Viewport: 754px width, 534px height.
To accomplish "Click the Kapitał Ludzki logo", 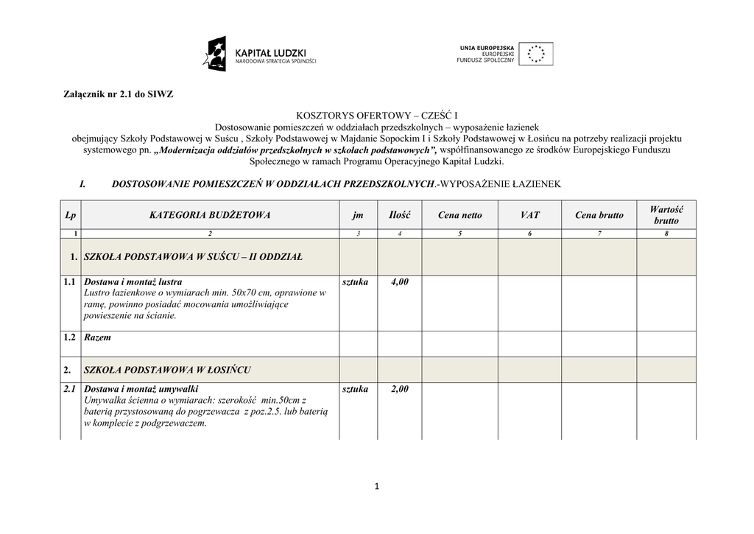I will coord(260,55).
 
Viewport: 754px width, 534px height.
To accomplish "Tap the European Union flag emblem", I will coord(535,54).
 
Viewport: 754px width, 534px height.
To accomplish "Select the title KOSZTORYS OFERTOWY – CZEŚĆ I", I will coord(376,116).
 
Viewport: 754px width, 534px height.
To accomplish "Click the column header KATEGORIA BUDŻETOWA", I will coord(210,215).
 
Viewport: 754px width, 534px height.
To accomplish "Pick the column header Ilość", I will coord(399,215).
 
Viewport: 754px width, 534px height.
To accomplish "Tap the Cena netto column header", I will coord(459,215).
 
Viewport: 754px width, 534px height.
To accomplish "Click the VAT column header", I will coord(529,215).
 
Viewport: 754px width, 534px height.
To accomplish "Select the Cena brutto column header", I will coord(599,215).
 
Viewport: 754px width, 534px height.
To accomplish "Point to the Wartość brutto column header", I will coord(666,215).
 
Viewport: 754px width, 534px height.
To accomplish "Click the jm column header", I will coord(358,215).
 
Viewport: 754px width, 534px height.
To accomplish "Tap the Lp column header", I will coord(70,215).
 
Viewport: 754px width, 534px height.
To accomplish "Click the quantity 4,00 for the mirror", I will coord(399,282).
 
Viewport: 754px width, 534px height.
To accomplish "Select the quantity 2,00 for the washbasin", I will coord(399,389).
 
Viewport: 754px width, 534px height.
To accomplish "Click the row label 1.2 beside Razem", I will coord(70,337).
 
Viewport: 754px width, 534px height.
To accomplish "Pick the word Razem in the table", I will coord(98,337).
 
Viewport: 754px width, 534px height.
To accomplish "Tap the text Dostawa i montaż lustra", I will coord(133,282).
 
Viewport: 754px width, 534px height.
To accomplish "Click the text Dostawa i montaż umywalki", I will coord(141,389).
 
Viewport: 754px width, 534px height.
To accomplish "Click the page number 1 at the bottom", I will coord(376,485).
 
